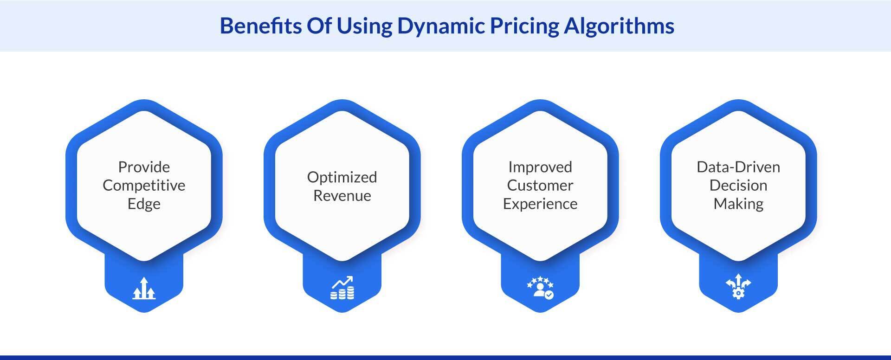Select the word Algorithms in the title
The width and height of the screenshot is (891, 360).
[619, 26]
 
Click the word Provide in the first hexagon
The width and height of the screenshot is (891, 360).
[144, 167]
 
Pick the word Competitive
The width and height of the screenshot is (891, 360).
[144, 186]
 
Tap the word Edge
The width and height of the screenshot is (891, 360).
[144, 204]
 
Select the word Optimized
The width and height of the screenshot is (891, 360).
[342, 177]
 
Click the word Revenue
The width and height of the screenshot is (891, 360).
[342, 196]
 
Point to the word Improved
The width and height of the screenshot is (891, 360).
[540, 167]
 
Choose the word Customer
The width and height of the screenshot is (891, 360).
[540, 186]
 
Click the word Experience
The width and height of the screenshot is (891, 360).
[540, 204]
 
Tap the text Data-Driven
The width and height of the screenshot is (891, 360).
[738, 167]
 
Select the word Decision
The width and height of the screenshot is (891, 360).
[738, 186]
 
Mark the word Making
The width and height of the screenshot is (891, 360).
[738, 204]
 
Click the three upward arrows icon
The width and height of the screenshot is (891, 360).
[144, 288]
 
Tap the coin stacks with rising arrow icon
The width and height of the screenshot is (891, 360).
[342, 288]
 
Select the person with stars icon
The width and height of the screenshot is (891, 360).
[540, 288]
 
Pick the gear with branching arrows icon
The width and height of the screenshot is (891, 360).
[738, 287]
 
